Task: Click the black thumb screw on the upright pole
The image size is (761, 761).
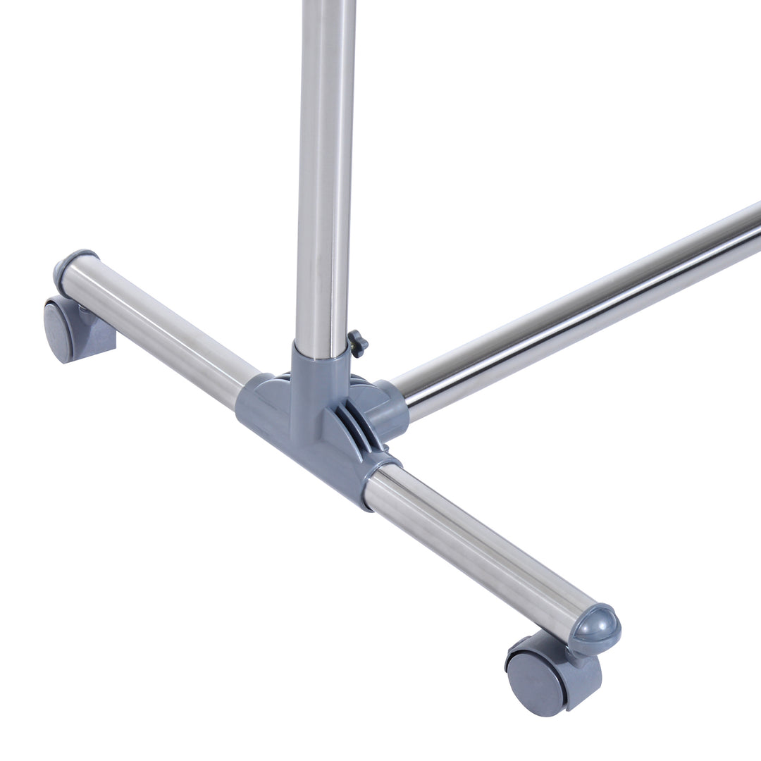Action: pos(357,343)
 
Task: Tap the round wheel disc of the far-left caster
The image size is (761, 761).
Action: pos(58,328)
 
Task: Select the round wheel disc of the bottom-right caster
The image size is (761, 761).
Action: pos(536,681)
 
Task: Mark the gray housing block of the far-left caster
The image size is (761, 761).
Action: pos(92,338)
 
